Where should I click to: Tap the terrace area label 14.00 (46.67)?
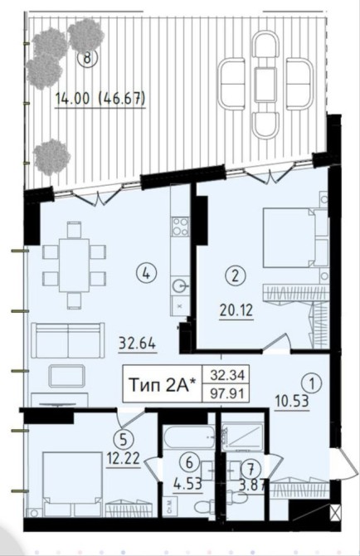tap(100, 99)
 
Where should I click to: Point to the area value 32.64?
tap(137, 343)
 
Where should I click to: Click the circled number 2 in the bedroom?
tap(236, 276)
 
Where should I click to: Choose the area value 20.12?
tap(236, 310)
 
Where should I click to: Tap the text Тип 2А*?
tap(163, 385)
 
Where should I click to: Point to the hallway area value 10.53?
tap(292, 402)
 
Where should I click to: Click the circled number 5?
tap(123, 440)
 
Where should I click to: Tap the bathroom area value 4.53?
tap(187, 484)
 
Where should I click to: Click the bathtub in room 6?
tap(189, 437)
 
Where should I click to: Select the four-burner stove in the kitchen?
tap(180, 227)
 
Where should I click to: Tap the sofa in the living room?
tap(68, 340)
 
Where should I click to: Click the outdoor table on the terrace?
tap(265, 85)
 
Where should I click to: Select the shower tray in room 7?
tap(243, 437)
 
